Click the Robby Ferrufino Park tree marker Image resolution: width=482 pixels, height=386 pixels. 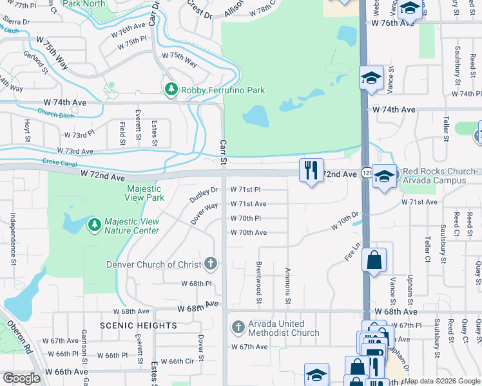pyautogui.click(x=171, y=90)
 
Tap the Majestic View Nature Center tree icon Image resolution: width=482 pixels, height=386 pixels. pyautogui.click(x=95, y=225)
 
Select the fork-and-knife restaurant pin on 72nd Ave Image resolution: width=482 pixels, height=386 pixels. pyautogui.click(x=312, y=170)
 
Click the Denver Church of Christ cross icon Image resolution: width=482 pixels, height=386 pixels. pyautogui.click(x=210, y=263)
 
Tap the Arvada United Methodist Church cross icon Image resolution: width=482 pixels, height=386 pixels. pyautogui.click(x=238, y=327)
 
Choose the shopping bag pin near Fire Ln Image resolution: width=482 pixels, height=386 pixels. pyautogui.click(x=374, y=261)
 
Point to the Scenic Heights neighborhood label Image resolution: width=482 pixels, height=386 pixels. pyautogui.click(x=130, y=326)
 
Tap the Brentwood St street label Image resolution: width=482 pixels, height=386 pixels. pyautogui.click(x=259, y=282)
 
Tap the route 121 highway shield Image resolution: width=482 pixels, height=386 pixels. pyautogui.click(x=367, y=175)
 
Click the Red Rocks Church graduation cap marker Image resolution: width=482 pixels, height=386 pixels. pyautogui.click(x=384, y=176)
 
